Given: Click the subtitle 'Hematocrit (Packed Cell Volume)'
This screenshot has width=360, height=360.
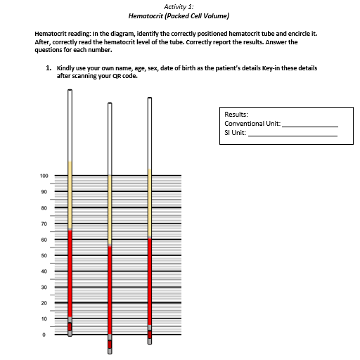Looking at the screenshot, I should (x=180, y=15).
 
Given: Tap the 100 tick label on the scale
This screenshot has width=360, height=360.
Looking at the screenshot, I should (x=43, y=176).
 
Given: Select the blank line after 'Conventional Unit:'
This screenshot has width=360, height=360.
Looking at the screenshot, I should (x=309, y=124).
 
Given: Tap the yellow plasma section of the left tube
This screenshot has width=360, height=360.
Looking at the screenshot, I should (x=70, y=197).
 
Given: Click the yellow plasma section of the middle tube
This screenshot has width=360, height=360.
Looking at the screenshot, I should (x=109, y=211).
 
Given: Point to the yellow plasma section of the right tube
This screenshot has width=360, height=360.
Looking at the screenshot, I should (x=150, y=204).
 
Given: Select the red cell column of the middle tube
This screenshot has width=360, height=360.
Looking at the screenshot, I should (x=109, y=288).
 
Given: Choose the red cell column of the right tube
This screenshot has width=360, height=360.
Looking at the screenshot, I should (x=150, y=281).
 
